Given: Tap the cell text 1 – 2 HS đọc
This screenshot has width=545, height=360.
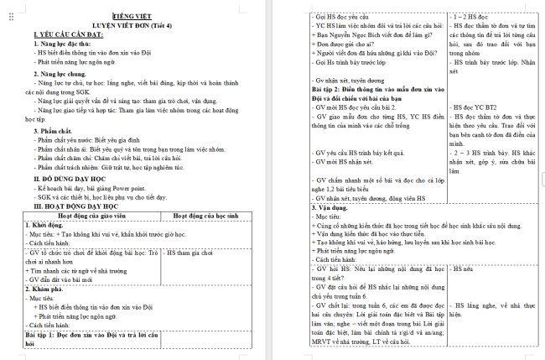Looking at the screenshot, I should point(472,17).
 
